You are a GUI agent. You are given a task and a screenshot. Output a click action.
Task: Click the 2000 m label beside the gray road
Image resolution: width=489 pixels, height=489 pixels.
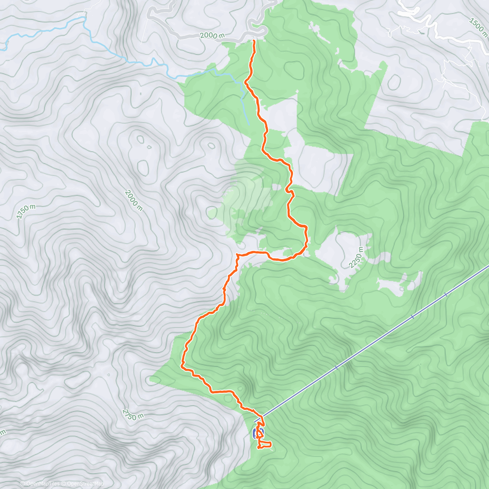(212, 36)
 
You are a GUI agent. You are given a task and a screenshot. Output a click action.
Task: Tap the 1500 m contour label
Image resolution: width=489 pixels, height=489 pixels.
(478, 25)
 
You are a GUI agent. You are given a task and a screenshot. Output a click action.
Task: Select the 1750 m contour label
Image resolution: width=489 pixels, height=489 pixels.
(26, 211)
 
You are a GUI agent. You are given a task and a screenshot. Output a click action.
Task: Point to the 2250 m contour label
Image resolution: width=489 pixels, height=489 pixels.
(356, 258)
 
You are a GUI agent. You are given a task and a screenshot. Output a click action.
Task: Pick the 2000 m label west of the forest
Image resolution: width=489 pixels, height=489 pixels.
(134, 200)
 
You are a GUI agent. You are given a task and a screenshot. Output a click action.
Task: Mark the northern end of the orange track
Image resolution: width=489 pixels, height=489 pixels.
(254, 41)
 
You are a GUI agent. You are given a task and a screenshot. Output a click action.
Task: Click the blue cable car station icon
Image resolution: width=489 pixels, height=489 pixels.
(258, 433)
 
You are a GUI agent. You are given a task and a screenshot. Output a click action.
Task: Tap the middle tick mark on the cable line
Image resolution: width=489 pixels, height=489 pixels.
(412, 316)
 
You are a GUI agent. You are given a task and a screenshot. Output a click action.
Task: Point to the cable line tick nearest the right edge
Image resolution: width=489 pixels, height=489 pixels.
(446, 294)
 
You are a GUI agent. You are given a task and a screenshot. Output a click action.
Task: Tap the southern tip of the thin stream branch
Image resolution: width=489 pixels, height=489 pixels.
(248, 124)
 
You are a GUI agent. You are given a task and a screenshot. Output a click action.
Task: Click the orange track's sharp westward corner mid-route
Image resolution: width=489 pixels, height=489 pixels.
(237, 255)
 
